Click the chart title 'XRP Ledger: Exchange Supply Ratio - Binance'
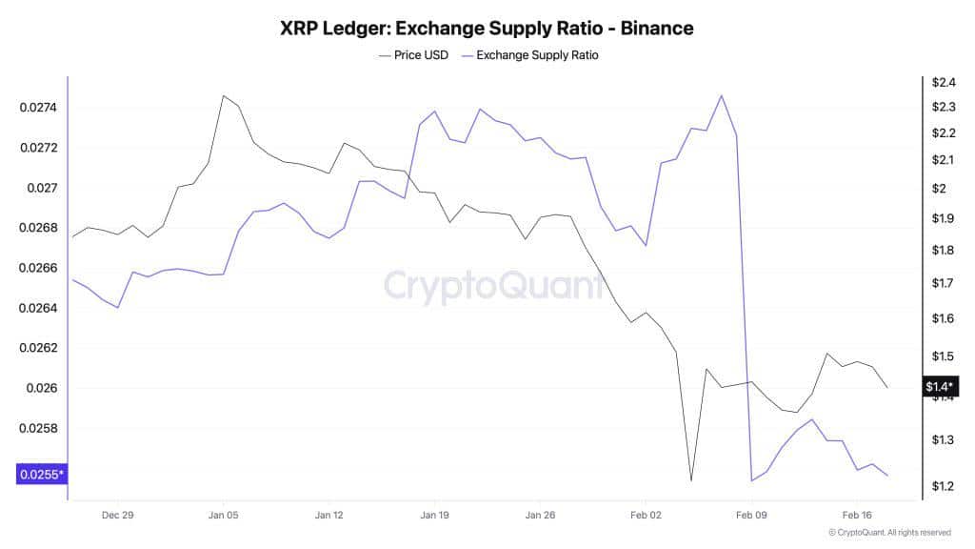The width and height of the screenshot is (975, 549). click(487, 28)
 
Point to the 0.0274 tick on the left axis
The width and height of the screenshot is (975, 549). click(39, 108)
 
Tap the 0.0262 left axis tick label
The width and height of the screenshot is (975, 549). click(39, 348)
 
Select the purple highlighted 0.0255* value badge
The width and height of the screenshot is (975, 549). click(41, 474)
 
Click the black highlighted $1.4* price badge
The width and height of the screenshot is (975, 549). click(939, 386)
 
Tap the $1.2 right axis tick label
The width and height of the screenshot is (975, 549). click(943, 486)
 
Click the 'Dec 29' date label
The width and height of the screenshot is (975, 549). click(117, 515)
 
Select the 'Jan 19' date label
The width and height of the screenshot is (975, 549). click(434, 515)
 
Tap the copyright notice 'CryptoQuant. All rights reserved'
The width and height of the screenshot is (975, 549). click(890, 533)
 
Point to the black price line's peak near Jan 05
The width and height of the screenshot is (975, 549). click(223, 95)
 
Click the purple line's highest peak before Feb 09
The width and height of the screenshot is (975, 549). click(721, 95)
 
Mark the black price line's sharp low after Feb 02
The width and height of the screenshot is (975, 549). click(691, 480)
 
